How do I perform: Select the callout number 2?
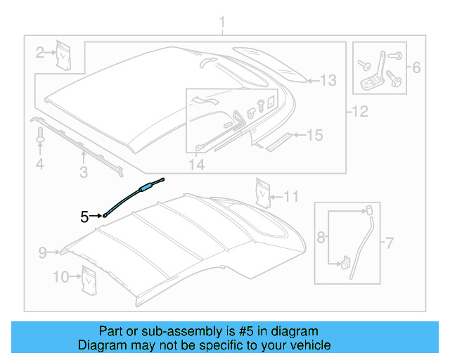coord(41,51)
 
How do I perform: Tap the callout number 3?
coord(83,172)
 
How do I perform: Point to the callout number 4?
coord(40,165)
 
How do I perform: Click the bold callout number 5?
coord(84,217)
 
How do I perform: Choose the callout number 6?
coord(416,68)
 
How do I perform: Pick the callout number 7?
coord(388,243)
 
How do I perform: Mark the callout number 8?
coord(321,238)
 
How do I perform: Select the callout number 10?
coord(60,277)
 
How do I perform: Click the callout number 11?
coord(292,196)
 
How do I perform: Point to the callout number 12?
coord(360,110)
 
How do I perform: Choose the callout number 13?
coord(329,80)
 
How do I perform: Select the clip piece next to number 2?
coord(65,54)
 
